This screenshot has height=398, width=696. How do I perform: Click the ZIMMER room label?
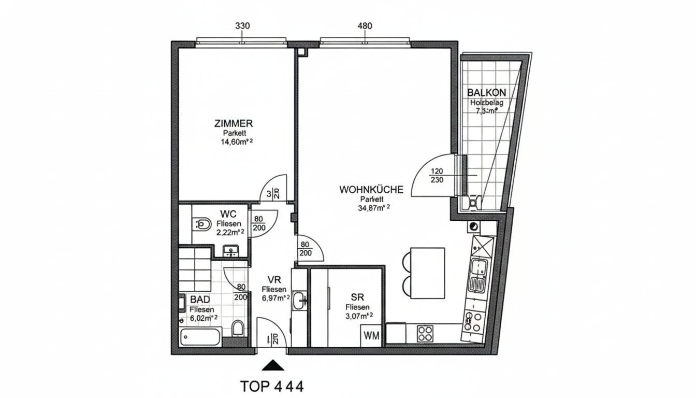coord(233,124)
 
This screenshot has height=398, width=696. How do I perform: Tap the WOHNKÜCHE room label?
coord(371,190)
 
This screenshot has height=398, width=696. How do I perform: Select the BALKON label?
coord(486,93)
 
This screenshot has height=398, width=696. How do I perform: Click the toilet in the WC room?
coord(204,224)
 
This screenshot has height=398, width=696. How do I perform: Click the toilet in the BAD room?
coord(238,329)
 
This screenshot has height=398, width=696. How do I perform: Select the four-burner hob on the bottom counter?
coord(425,333)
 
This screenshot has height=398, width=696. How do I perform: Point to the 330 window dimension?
coord(242,26)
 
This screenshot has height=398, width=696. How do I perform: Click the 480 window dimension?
coord(365,26)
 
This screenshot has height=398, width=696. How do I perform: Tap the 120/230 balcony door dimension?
coord(437,176)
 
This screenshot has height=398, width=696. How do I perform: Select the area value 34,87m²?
coord(372,208)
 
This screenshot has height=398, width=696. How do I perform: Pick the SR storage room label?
coord(357,297)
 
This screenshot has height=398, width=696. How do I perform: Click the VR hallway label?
coord(274,280)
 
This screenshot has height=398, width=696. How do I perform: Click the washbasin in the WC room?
coord(231,251)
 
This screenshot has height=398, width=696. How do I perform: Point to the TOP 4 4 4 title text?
coord(272,386)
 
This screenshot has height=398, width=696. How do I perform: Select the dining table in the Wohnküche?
coord(427,273)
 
